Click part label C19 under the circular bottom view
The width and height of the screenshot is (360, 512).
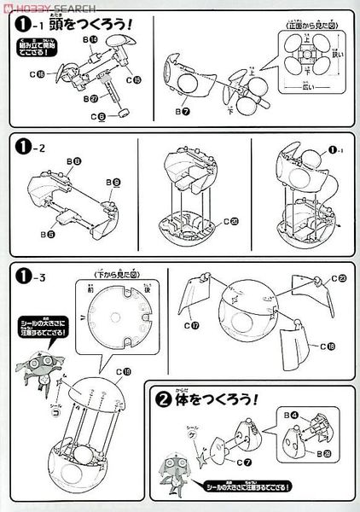click(x=126, y=372)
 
